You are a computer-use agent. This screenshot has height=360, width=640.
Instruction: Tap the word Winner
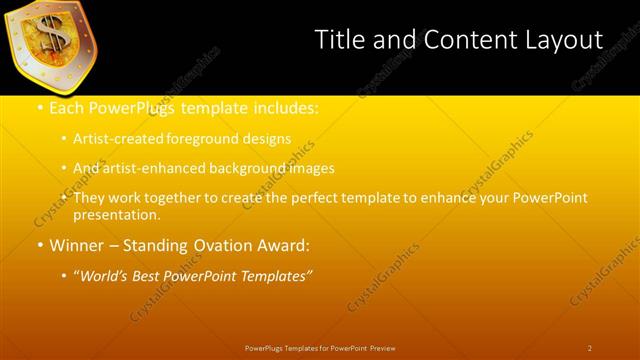tap(78, 245)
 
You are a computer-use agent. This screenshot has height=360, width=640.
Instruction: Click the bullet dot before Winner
tap(39, 245)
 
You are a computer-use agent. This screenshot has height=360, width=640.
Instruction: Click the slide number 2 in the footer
tap(589, 348)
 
